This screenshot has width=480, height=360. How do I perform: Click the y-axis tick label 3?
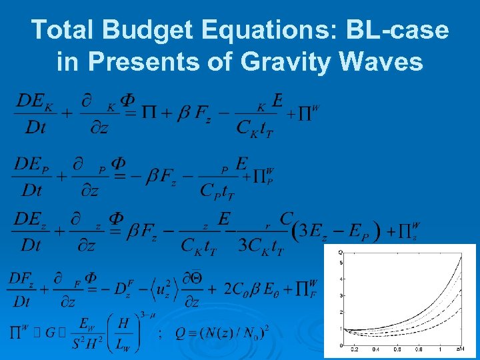(341, 295)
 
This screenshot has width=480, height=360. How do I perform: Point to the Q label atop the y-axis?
(341, 251)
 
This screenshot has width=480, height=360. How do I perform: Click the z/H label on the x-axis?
(461, 349)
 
